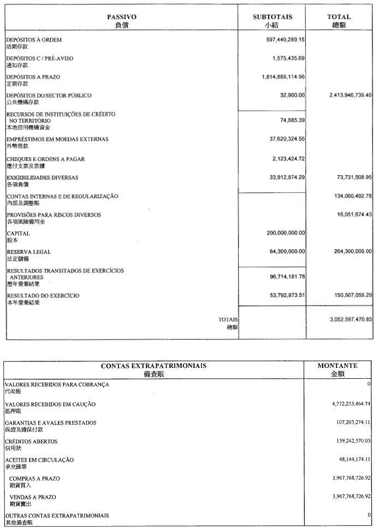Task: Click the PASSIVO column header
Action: [122, 17]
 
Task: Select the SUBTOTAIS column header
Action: [272, 17]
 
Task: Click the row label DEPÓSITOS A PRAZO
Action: [33, 77]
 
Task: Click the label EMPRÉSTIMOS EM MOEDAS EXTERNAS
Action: [57, 139]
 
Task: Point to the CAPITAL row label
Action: [18, 233]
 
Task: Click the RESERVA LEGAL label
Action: [29, 252]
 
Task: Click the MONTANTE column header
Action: [337, 365]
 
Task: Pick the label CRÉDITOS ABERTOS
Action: [31, 441]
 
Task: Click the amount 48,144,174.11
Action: [347, 459]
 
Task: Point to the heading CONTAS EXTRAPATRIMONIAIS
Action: [153, 365]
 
